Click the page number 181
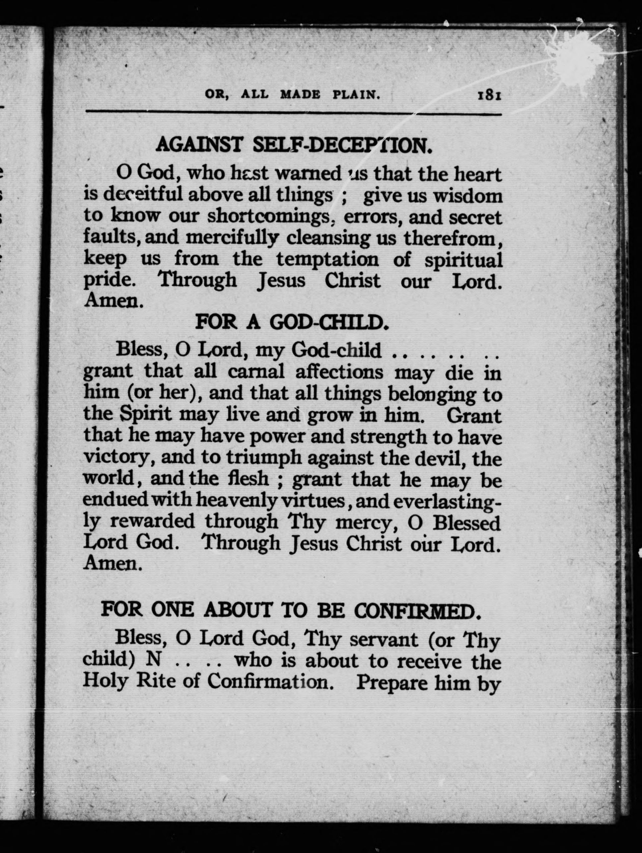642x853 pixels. [489, 95]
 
